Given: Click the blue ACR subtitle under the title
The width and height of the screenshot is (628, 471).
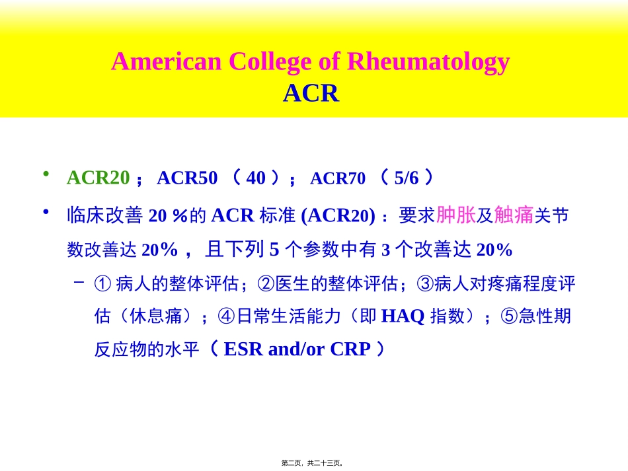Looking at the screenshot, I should [311, 94].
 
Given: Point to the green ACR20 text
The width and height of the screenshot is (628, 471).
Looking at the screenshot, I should [98, 178].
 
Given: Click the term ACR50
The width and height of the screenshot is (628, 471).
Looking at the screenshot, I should [187, 178].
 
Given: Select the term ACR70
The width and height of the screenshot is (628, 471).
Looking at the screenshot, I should [338, 178].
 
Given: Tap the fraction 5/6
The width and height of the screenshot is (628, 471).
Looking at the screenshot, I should [407, 178].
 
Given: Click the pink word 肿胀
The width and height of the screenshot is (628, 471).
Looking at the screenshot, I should [456, 215].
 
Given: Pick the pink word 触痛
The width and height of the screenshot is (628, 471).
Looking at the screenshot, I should [514, 215].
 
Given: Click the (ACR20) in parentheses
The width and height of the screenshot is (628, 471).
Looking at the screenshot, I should [338, 215].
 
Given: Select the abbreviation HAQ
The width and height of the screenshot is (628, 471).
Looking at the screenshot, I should [403, 316].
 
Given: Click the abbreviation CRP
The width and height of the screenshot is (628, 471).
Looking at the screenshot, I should [350, 349].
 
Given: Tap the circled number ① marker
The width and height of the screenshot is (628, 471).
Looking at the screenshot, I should [102, 284].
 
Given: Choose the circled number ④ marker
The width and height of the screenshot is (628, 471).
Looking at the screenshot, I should [226, 316].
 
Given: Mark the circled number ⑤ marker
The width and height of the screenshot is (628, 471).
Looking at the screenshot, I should [508, 316].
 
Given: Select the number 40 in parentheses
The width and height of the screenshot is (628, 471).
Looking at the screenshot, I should [255, 178].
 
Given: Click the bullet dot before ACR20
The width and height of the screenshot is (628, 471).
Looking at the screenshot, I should [46, 174].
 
